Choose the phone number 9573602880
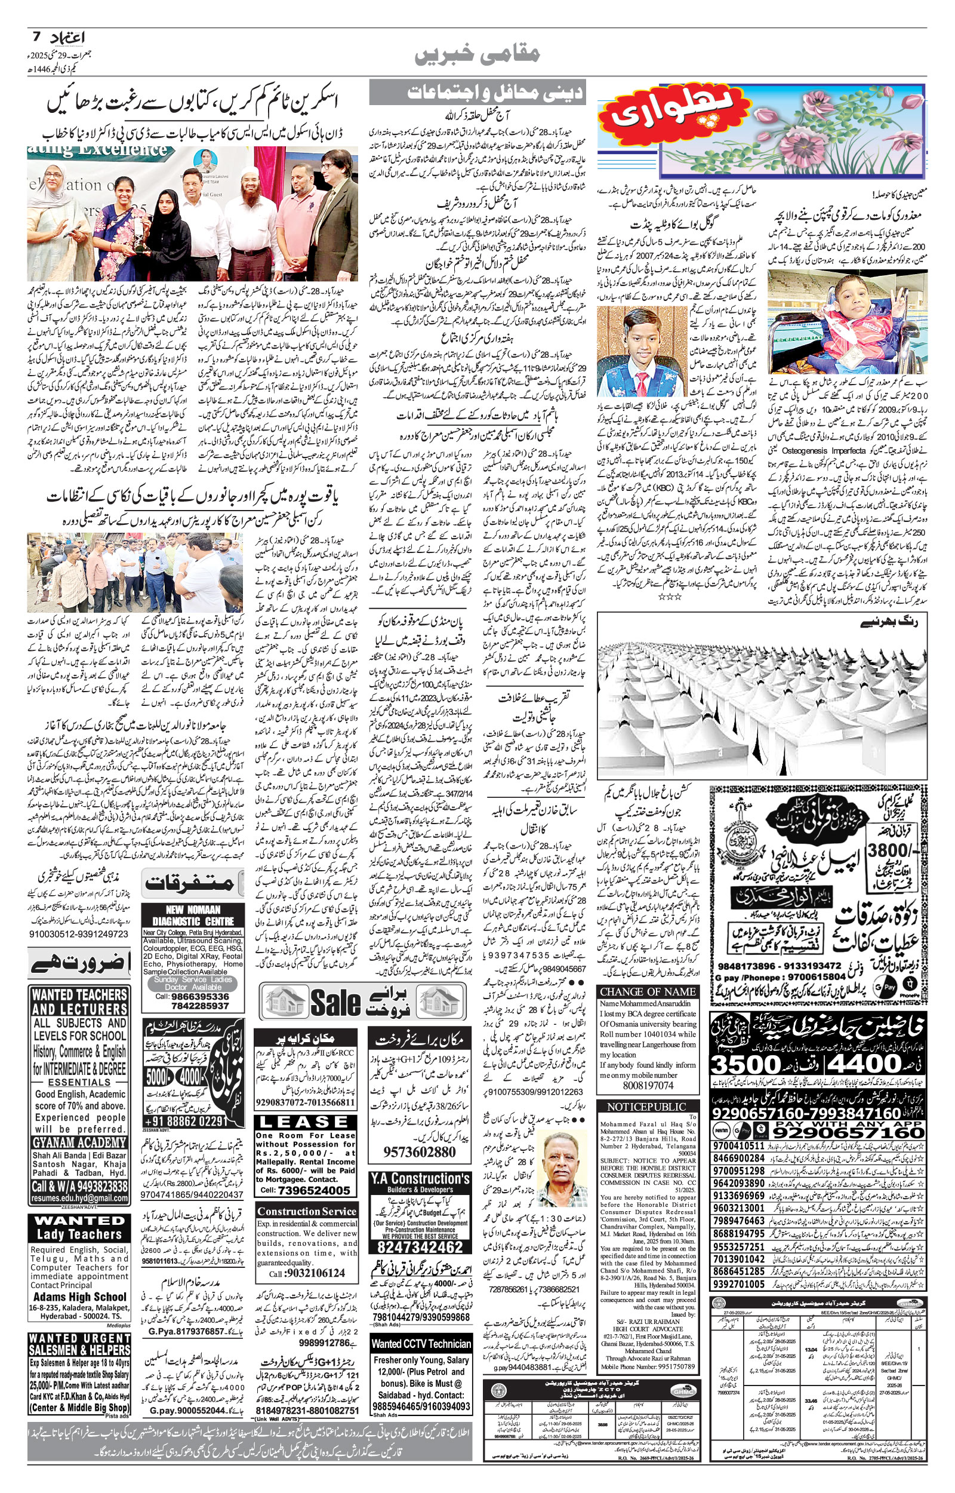pyautogui.click(x=420, y=1152)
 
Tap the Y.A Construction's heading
pyautogui.click(x=420, y=1178)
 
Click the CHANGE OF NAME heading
pyautogui.click(x=647, y=992)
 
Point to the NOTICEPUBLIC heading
pyautogui.click(x=647, y=1107)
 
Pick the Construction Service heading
pyautogui.click(x=306, y=1211)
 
